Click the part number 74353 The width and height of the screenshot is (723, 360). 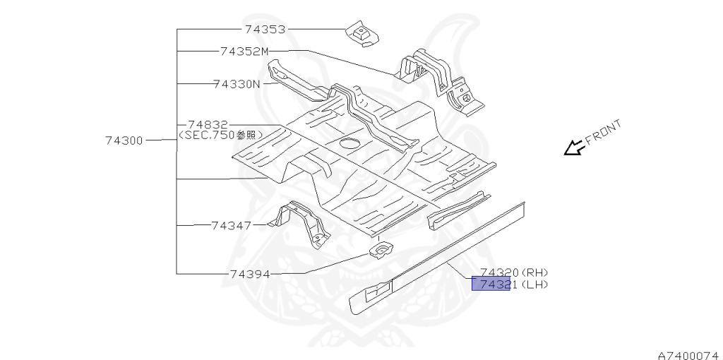[x=265, y=30]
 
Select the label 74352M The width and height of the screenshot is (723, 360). [x=244, y=51]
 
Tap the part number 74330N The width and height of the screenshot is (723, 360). [x=237, y=84]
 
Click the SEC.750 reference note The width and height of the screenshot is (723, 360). [x=220, y=134]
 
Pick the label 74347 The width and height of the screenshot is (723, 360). [x=231, y=226]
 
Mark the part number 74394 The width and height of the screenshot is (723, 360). [x=250, y=274]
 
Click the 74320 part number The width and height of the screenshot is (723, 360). [x=499, y=272]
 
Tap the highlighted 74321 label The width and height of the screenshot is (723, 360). [x=491, y=284]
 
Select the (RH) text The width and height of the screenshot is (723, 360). [x=534, y=272]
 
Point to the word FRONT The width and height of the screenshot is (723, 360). [x=604, y=133]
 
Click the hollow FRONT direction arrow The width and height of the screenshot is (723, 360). [x=573, y=148]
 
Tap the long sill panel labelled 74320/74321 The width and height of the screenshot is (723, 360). [x=438, y=258]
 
